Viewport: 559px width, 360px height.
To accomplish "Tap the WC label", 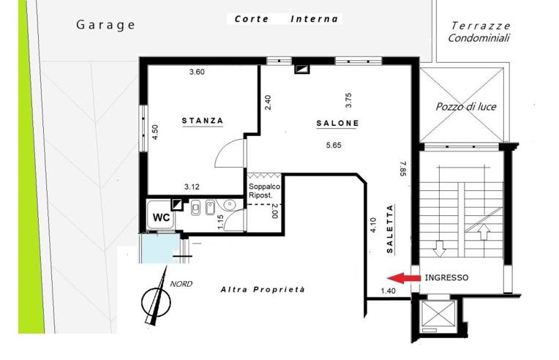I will click(x=161, y=217).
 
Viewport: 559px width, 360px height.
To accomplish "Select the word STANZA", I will click(x=202, y=121).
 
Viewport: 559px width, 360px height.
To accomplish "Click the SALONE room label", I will click(x=337, y=124).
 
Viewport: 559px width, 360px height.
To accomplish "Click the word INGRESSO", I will click(x=446, y=278).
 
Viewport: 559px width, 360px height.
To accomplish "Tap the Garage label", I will click(x=106, y=25).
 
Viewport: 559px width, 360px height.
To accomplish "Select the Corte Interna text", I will click(x=287, y=19).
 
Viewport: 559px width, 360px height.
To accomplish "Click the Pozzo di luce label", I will click(x=466, y=107).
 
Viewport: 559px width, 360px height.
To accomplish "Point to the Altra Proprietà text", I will click(x=263, y=290).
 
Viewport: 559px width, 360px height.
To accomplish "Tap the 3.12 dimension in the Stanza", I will click(x=192, y=187).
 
